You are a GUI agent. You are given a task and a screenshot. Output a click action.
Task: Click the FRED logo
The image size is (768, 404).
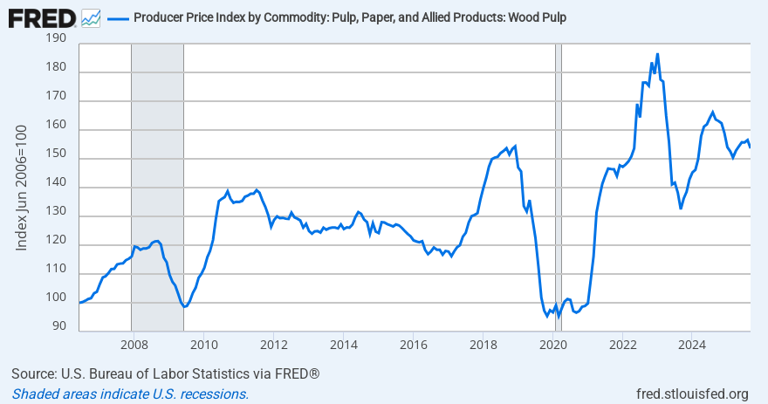(41, 17)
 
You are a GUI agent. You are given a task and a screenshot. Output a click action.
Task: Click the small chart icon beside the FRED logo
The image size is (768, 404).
(90, 17)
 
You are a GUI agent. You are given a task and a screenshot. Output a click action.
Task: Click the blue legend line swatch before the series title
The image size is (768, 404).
(117, 17)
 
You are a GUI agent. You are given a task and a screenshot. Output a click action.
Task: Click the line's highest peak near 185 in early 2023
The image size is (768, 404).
(657, 54)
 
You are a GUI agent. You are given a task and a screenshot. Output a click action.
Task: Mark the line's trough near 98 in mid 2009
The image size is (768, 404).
(184, 306)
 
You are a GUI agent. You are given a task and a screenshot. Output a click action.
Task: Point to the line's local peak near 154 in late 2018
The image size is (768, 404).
(516, 146)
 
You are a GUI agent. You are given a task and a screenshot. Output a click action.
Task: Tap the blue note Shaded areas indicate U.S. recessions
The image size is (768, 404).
(130, 394)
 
